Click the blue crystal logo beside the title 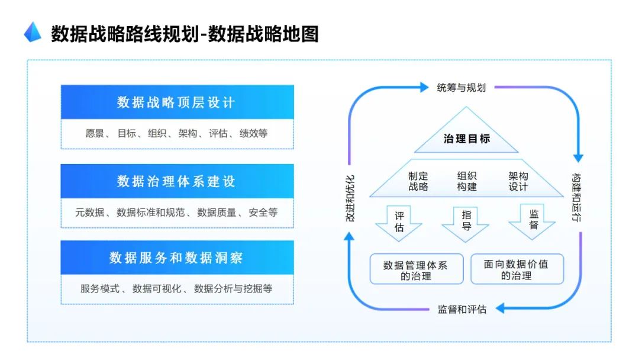pos(33,32)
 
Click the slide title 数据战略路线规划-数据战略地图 pos(185,34)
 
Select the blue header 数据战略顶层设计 pos(177,102)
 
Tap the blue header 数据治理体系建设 pos(177,181)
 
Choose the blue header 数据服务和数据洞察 pos(177,258)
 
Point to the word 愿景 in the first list pos(95,133)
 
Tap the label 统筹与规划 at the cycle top pos(461,88)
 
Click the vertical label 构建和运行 pos(577,197)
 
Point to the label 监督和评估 pos(461,309)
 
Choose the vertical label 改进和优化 pos(350,198)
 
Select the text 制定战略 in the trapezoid pos(418,181)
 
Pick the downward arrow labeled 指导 pos(466,221)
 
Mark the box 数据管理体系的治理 pos(415,269)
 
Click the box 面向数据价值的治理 pos(516,269)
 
